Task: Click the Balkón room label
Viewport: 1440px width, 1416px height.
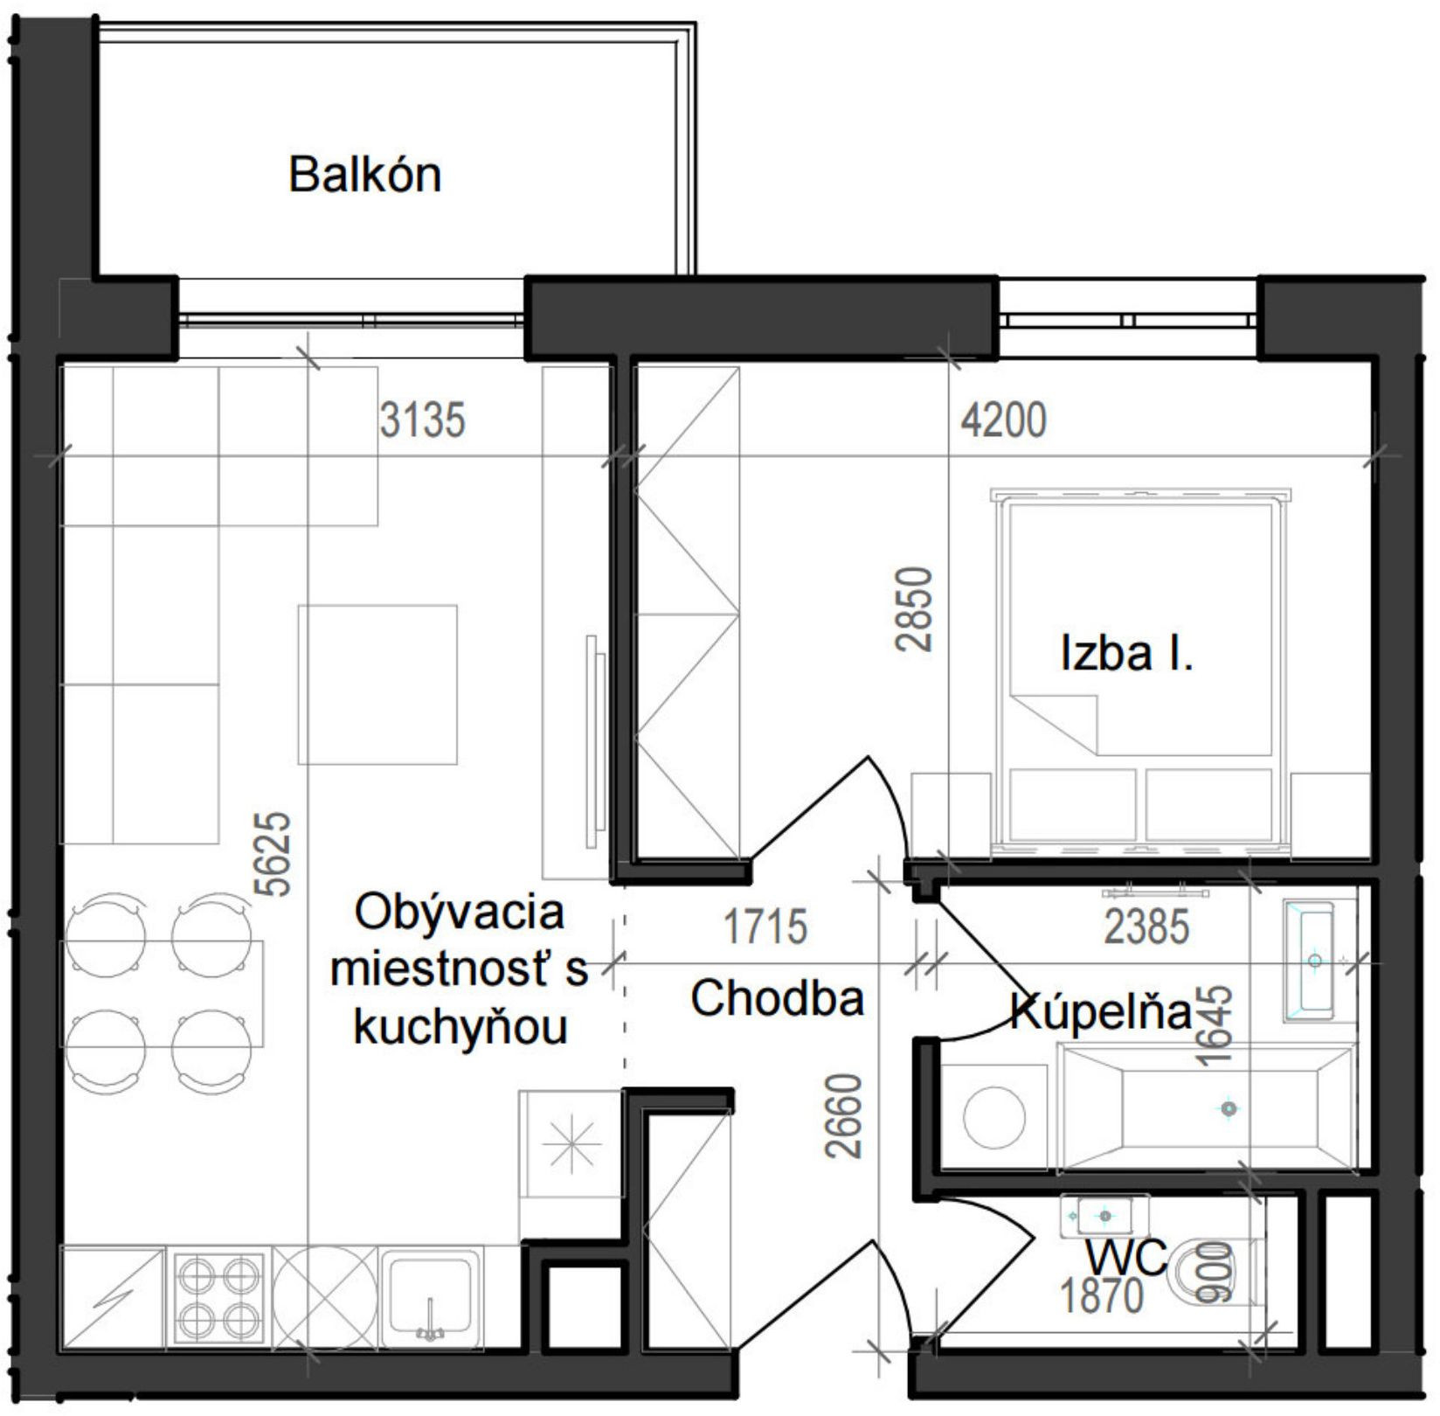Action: point(364,175)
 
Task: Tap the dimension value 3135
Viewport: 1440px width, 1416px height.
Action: point(422,420)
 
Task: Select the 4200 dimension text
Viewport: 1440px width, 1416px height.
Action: point(1003,420)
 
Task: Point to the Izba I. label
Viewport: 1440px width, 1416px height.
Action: point(1126,653)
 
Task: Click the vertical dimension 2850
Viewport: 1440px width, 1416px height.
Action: point(915,609)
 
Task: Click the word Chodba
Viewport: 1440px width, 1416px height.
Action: point(777,997)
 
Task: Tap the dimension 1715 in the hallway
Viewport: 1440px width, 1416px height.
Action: point(765,927)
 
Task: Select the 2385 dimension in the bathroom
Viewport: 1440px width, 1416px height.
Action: point(1146,927)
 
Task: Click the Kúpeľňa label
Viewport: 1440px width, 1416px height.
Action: point(1100,1012)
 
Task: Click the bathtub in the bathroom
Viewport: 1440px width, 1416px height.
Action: point(1206,1108)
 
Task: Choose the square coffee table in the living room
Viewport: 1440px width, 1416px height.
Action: point(377,684)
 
